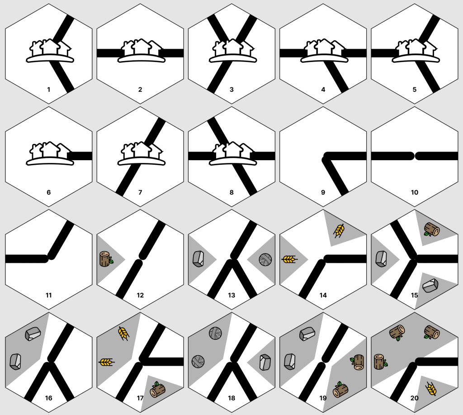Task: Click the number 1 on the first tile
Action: click(x=49, y=90)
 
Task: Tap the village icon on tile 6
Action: click(x=50, y=153)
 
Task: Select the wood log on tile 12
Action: click(x=106, y=259)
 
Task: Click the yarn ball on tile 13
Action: click(x=265, y=259)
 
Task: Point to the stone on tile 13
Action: click(x=198, y=259)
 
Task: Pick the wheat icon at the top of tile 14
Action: click(x=339, y=231)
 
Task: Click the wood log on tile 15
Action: click(x=432, y=229)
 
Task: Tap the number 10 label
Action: click(x=415, y=192)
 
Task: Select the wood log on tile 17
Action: click(x=157, y=390)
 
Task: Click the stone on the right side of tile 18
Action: click(x=265, y=362)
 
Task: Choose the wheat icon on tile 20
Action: click(x=431, y=389)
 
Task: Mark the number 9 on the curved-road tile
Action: click(x=323, y=192)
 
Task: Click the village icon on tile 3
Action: click(x=233, y=51)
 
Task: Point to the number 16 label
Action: click(x=49, y=398)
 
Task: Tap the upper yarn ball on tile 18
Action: click(x=215, y=333)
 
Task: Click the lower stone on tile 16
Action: click(x=15, y=362)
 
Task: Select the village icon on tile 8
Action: click(x=233, y=153)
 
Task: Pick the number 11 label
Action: click(x=49, y=295)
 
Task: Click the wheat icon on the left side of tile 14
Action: click(x=289, y=259)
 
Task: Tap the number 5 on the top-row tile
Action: click(x=415, y=90)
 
